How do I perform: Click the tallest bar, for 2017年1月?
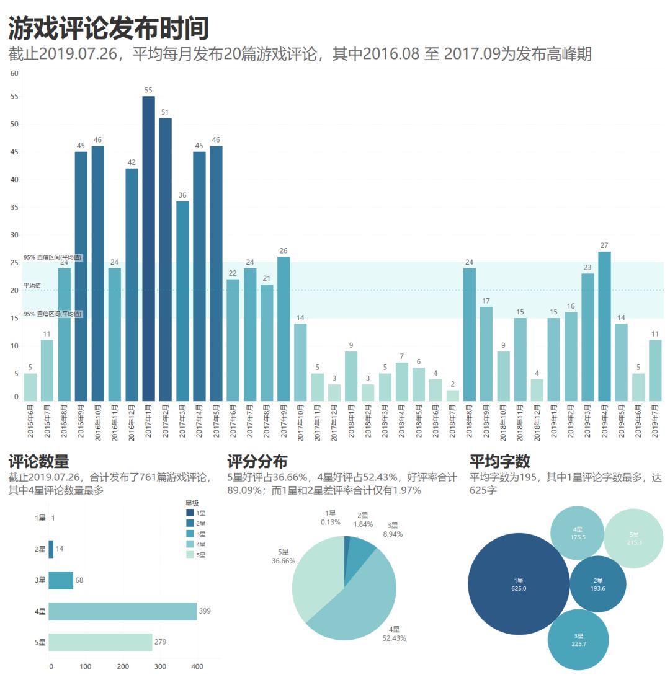[x=148, y=248]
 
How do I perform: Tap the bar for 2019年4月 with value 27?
[x=604, y=326]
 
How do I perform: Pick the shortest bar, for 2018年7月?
[x=453, y=395]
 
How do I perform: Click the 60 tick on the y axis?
[x=15, y=73]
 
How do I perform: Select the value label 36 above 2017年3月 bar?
[x=182, y=195]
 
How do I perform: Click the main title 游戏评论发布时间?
[x=109, y=28]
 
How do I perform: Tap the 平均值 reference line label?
[x=32, y=286]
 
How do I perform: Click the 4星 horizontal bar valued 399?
[x=122, y=611]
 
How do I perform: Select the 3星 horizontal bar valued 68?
[x=61, y=580]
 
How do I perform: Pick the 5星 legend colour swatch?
[x=189, y=555]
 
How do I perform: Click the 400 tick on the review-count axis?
[x=197, y=667]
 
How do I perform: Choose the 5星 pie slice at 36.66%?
[x=316, y=576]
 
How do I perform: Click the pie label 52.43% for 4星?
[x=394, y=638]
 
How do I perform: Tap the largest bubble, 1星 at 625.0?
[x=518, y=584]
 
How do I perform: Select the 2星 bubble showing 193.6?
[x=597, y=584]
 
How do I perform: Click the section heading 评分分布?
[x=257, y=462]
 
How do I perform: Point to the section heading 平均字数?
[x=499, y=462]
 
